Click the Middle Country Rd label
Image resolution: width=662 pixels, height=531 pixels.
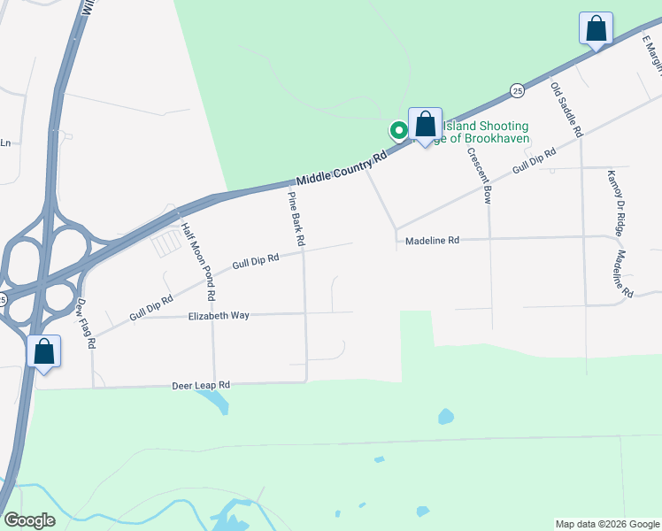[342, 165]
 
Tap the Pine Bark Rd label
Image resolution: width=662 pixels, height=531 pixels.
[297, 219]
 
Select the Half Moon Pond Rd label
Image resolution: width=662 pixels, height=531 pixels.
[199, 258]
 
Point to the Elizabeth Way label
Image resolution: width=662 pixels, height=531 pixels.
[219, 315]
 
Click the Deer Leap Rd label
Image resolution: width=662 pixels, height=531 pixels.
[200, 386]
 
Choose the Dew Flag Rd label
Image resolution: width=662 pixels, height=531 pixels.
[86, 324]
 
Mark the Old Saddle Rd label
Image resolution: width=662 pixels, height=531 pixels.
[567, 109]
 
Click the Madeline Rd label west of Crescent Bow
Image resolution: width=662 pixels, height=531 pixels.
[432, 240]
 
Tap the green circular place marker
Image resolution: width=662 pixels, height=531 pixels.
[398, 130]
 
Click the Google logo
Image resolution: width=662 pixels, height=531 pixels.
[28, 520]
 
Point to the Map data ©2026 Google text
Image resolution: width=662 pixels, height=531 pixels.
[606, 524]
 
